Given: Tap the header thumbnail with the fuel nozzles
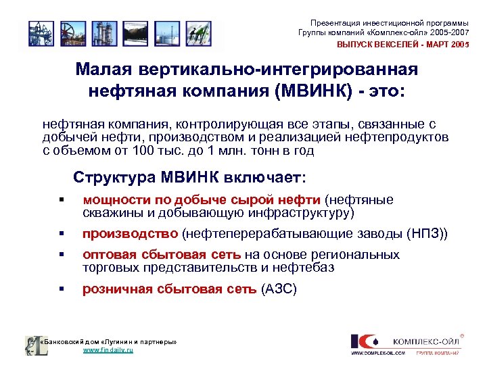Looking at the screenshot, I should click(x=196, y=32).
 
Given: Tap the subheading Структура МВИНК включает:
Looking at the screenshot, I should click(x=189, y=178).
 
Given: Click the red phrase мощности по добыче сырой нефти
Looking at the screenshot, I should click(x=202, y=200).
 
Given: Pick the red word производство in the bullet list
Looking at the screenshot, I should click(x=131, y=234).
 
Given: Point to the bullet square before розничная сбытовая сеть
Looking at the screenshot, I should click(x=61, y=289).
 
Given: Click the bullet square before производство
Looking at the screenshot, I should click(x=61, y=235).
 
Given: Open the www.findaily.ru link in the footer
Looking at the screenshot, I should click(x=108, y=351).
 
